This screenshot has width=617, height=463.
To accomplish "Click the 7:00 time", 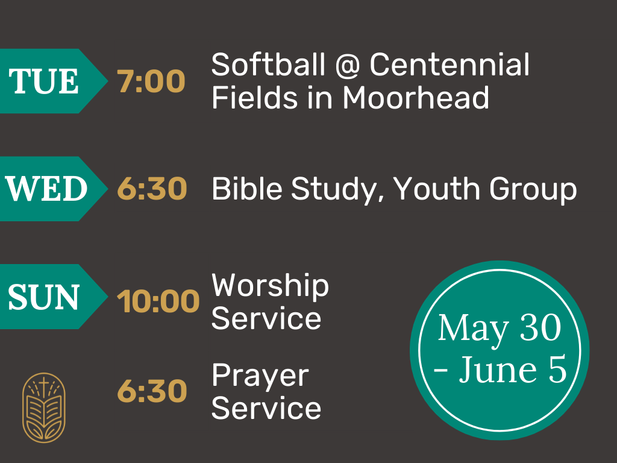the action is [151, 81].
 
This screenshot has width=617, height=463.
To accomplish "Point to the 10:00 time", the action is [158, 301].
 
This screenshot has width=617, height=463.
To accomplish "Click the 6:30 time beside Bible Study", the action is [152, 189].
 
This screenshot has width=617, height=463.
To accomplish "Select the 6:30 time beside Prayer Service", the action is [152, 391].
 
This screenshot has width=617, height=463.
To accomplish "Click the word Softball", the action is [268, 65].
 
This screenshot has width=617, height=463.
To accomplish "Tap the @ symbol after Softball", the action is [348, 65].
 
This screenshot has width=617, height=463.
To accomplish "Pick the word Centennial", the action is [449, 65].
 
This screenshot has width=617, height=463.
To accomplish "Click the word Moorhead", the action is [416, 98].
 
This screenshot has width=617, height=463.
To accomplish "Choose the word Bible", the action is [247, 189].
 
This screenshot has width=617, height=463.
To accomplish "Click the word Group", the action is [533, 191].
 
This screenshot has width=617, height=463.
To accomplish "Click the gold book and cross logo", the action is [43, 408].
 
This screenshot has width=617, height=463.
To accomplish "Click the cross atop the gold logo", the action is [43, 383].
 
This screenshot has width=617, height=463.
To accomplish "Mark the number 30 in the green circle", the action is [540, 327].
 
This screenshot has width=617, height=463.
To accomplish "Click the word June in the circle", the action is [497, 370].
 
